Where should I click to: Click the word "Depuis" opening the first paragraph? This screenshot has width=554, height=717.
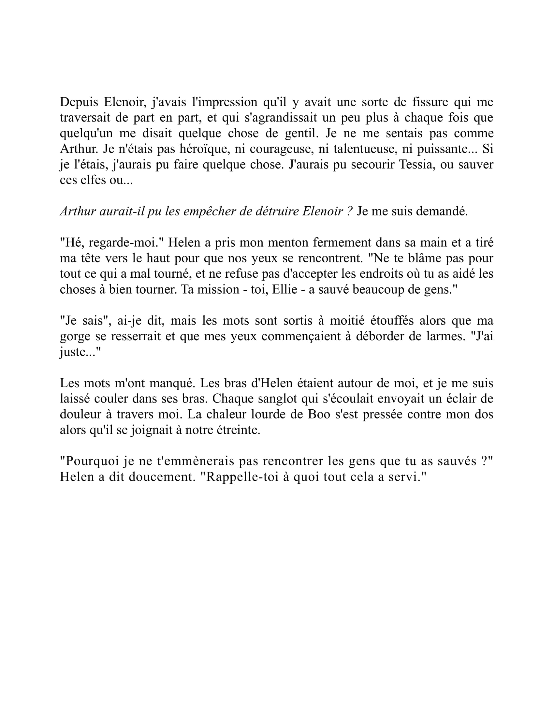coord(79,102)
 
